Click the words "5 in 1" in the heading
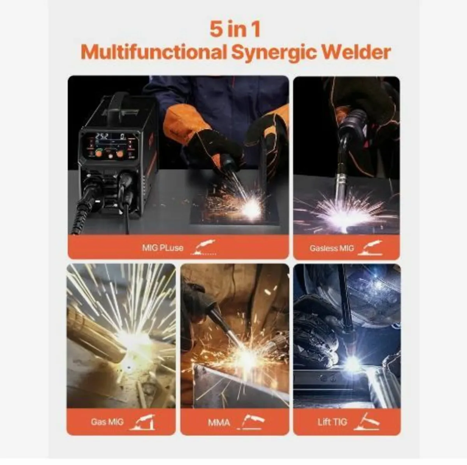pyautogui.click(x=235, y=30)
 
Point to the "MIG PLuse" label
pyautogui.click(x=163, y=248)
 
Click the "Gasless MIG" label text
pyautogui.click(x=332, y=248)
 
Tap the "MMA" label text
pyautogui.click(x=219, y=422)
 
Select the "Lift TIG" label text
pyautogui.click(x=332, y=422)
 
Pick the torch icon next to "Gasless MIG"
pyautogui.click(x=370, y=248)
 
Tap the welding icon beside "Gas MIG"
pyautogui.click(x=143, y=422)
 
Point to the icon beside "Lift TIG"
pyautogui.click(x=366, y=421)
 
